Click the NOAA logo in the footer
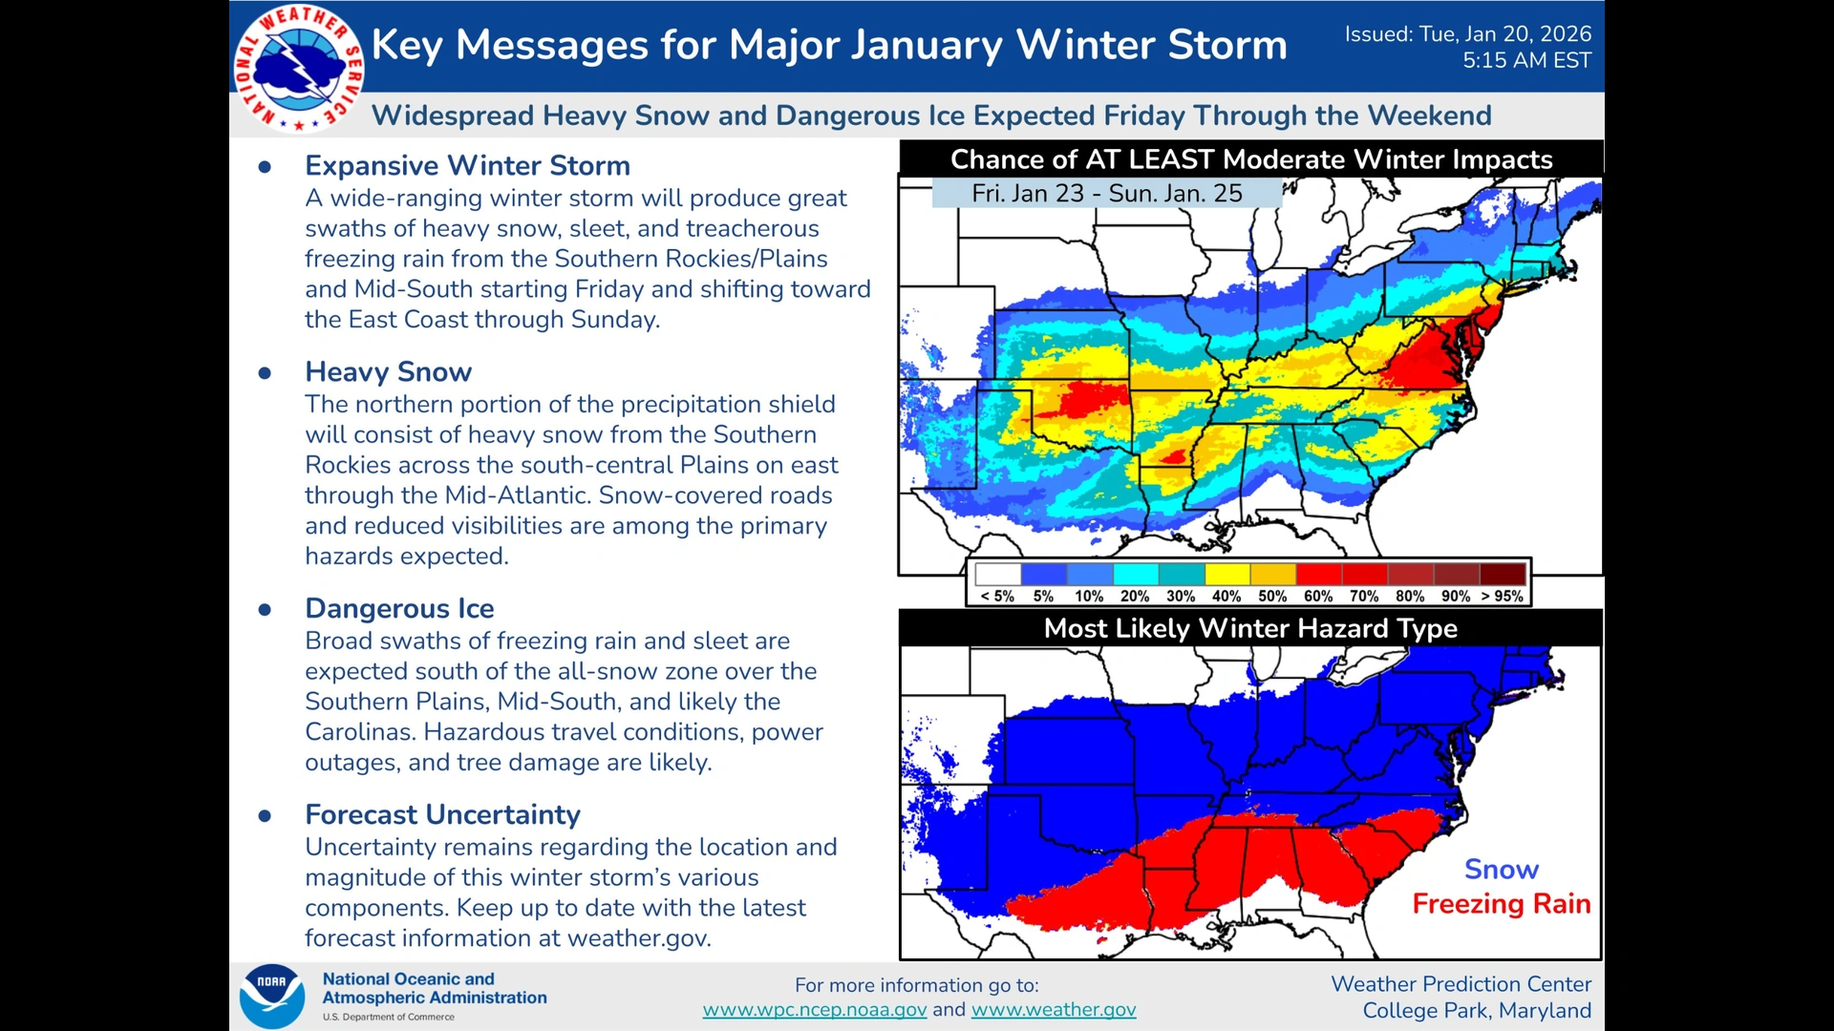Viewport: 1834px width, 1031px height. click(272, 996)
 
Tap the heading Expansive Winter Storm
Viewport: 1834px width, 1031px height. click(467, 165)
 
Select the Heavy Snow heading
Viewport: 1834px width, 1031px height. click(388, 371)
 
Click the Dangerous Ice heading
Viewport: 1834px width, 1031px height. click(399, 608)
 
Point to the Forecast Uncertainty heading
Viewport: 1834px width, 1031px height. click(442, 814)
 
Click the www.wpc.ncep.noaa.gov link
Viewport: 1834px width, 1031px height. click(814, 1010)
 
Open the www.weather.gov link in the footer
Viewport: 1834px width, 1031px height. click(1053, 1010)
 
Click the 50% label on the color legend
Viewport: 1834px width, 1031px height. click(1271, 596)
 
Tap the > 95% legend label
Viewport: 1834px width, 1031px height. click(1502, 596)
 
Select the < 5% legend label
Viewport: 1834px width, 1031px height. click(997, 596)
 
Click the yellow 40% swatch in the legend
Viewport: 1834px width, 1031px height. click(1227, 574)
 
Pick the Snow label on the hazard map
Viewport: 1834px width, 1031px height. click(1501, 870)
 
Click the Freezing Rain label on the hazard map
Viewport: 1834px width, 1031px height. click(1501, 904)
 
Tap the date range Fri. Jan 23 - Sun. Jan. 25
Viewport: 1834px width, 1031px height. click(1106, 194)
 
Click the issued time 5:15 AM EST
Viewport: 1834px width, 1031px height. click(1525, 60)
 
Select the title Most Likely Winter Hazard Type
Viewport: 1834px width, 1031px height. click(1249, 628)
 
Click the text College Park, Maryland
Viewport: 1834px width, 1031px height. click(1476, 1010)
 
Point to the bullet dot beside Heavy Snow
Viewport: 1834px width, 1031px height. click(265, 372)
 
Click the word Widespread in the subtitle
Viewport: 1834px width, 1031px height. click(453, 116)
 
